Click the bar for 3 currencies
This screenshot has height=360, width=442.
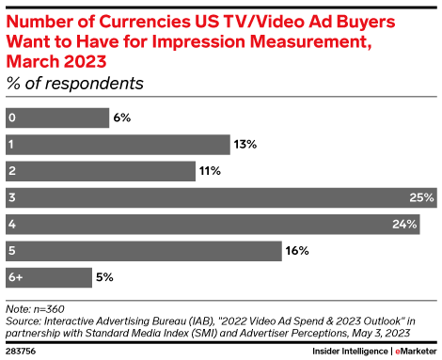pyautogui.click(x=221, y=197)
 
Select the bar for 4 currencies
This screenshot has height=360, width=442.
pyautogui.click(x=213, y=225)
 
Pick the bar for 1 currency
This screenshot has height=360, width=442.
pyautogui.click(x=117, y=144)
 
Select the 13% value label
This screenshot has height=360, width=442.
pyautogui.click(x=245, y=144)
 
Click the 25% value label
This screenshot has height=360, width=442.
pyautogui.click(x=421, y=197)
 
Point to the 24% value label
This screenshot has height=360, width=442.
pyautogui.click(x=405, y=225)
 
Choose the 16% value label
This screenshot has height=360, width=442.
pyautogui.click(x=295, y=251)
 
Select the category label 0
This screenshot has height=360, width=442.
pyautogui.click(x=10, y=117)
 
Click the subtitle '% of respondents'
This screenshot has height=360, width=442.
pyautogui.click(x=74, y=83)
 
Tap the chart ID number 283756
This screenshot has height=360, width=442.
pyautogui.click(x=22, y=350)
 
